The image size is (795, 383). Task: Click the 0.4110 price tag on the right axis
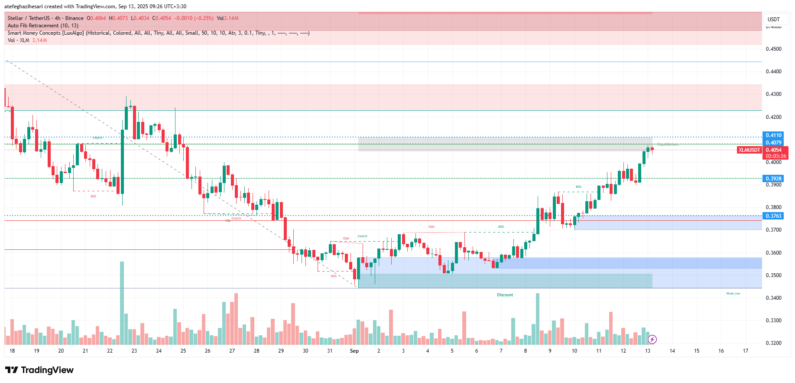point(773,135)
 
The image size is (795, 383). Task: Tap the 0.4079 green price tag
point(773,143)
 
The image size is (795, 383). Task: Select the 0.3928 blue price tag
point(773,179)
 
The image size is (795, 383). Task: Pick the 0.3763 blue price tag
point(773,216)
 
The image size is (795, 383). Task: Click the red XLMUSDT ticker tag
point(750,150)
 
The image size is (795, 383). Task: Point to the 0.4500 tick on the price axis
point(773,49)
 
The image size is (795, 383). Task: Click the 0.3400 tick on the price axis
point(773,298)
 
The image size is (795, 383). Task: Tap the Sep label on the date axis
point(354,351)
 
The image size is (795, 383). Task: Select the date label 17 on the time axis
point(745,351)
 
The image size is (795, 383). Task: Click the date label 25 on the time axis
point(183,351)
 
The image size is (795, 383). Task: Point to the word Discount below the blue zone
point(505,295)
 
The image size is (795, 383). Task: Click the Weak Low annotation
point(733,294)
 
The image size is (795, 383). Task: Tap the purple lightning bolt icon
point(652,339)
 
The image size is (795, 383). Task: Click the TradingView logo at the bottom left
point(39,370)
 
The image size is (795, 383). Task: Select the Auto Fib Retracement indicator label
point(43,26)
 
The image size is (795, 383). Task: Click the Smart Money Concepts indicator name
point(45,33)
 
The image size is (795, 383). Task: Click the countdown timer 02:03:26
point(776,156)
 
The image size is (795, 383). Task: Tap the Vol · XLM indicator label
point(19,40)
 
